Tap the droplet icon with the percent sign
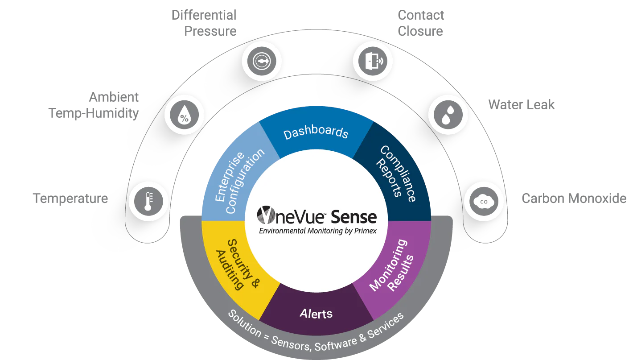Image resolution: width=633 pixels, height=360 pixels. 184,115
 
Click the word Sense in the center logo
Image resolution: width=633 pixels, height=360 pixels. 354,217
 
